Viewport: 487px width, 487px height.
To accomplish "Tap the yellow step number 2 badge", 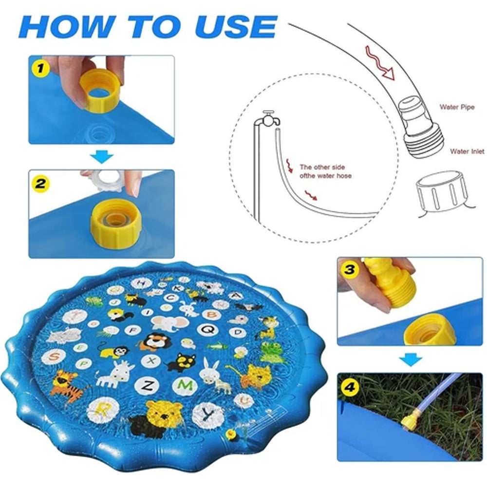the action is tap(40, 184).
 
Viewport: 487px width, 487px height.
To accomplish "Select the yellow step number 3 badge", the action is tap(350, 269).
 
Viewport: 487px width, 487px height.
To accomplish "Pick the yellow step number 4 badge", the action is tap(350, 387).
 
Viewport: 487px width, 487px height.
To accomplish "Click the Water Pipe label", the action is tap(457, 107).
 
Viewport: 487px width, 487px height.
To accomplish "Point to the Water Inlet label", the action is tap(467, 151).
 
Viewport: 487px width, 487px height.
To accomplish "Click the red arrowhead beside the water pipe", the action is tap(388, 74).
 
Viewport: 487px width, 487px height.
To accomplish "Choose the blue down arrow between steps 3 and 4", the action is tap(411, 360).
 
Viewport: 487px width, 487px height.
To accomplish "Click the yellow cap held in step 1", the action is tap(99, 90).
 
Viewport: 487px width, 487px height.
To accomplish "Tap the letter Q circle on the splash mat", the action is tap(207, 329).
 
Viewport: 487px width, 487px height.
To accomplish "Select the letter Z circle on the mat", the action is tap(147, 385).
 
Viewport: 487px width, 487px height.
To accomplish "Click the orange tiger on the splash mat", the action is tap(66, 385).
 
